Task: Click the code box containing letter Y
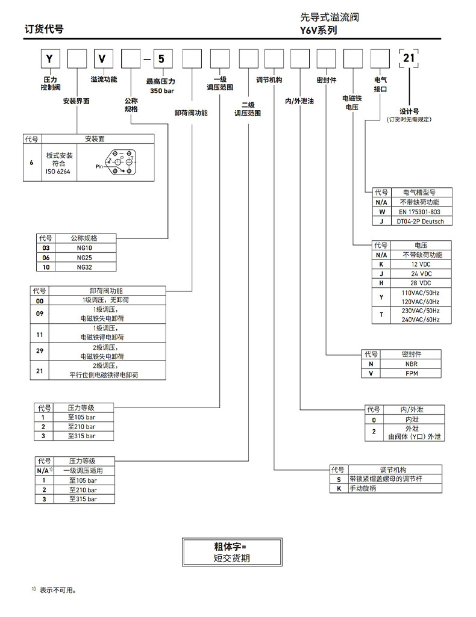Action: pos(51,59)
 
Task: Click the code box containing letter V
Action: pos(102,59)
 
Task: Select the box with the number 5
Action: pos(161,59)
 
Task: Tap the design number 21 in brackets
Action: pos(409,58)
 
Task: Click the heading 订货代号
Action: pos(43,29)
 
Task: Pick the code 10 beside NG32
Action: pos(45,266)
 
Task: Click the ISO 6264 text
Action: pos(58,172)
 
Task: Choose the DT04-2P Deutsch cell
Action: pos(420,222)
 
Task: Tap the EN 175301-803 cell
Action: pos(420,212)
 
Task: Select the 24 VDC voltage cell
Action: pos(420,273)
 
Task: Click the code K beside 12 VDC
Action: pos(380,264)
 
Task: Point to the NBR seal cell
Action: pos(411,364)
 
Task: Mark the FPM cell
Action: pos(411,373)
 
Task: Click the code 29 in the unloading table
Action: pos(40,351)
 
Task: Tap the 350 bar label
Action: pos(161,90)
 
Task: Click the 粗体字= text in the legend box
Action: pos(231,547)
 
